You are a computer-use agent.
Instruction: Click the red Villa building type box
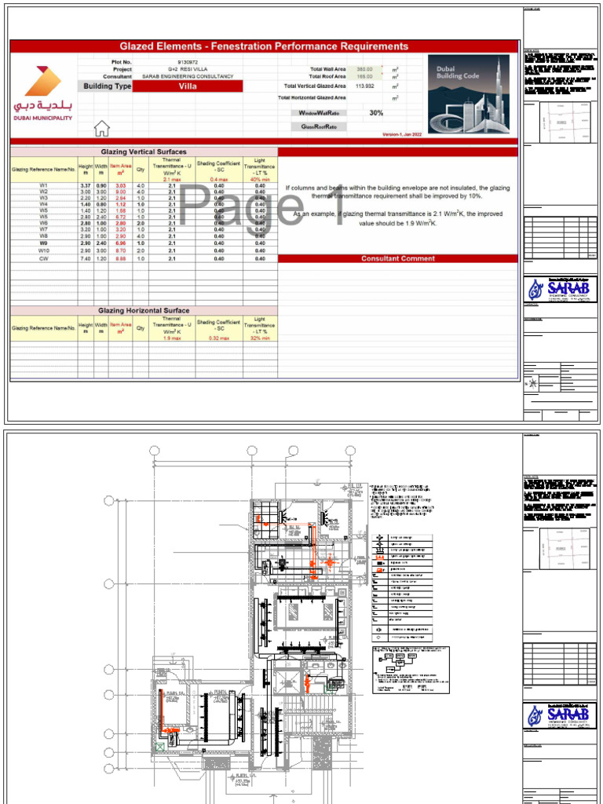pos(187,86)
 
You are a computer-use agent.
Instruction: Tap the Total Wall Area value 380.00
pos(364,69)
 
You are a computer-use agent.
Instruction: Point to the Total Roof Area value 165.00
pos(364,77)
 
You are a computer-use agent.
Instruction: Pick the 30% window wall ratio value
pos(376,113)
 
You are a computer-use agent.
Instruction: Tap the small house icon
pos(101,129)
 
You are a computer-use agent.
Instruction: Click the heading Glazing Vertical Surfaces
pos(144,152)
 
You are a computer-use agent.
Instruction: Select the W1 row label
pos(44,185)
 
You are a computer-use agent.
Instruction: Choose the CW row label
pos(44,258)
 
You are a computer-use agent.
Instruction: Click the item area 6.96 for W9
pos(121,243)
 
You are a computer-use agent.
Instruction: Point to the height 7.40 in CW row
pos(86,258)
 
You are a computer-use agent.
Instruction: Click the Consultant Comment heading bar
pos(397,258)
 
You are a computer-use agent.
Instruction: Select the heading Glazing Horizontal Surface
pos(144,311)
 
